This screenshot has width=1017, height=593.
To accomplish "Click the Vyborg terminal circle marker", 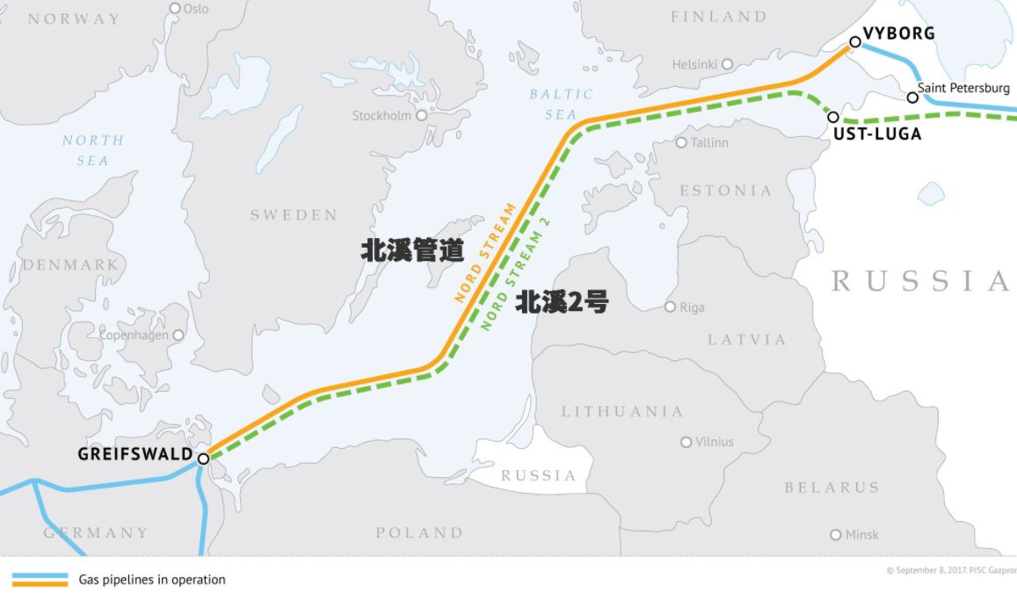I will tap(855, 41).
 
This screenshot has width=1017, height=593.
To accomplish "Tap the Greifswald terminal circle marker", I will tap(203, 459).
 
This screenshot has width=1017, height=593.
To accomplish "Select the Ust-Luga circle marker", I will tap(833, 117).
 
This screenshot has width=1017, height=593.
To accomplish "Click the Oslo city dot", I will tap(175, 8).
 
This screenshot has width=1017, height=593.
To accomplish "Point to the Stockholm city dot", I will tap(421, 115).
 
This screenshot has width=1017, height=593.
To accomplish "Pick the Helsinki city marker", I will tap(727, 64).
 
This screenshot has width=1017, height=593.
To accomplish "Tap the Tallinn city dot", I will tap(681, 142).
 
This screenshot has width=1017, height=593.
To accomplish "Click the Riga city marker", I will tap(670, 307).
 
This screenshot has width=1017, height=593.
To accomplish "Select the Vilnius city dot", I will tap(686, 442).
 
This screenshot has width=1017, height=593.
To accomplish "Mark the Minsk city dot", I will tap(836, 534).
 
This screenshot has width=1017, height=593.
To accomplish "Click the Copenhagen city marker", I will tap(178, 335).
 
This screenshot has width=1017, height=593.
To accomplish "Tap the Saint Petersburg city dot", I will tap(912, 97).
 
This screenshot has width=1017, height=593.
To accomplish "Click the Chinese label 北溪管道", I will tap(412, 250).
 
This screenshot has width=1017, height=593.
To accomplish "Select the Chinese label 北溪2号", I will tap(562, 303).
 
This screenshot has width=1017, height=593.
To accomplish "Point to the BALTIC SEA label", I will tap(561, 104).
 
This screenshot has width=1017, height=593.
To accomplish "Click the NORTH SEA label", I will tap(93, 150).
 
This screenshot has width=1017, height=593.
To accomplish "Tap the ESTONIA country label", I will tap(725, 191).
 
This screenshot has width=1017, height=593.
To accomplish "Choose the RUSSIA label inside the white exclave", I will tap(538, 475).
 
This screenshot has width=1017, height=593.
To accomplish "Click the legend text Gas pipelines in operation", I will tap(152, 580).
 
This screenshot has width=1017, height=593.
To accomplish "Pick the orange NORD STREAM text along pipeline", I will tap(485, 253).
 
